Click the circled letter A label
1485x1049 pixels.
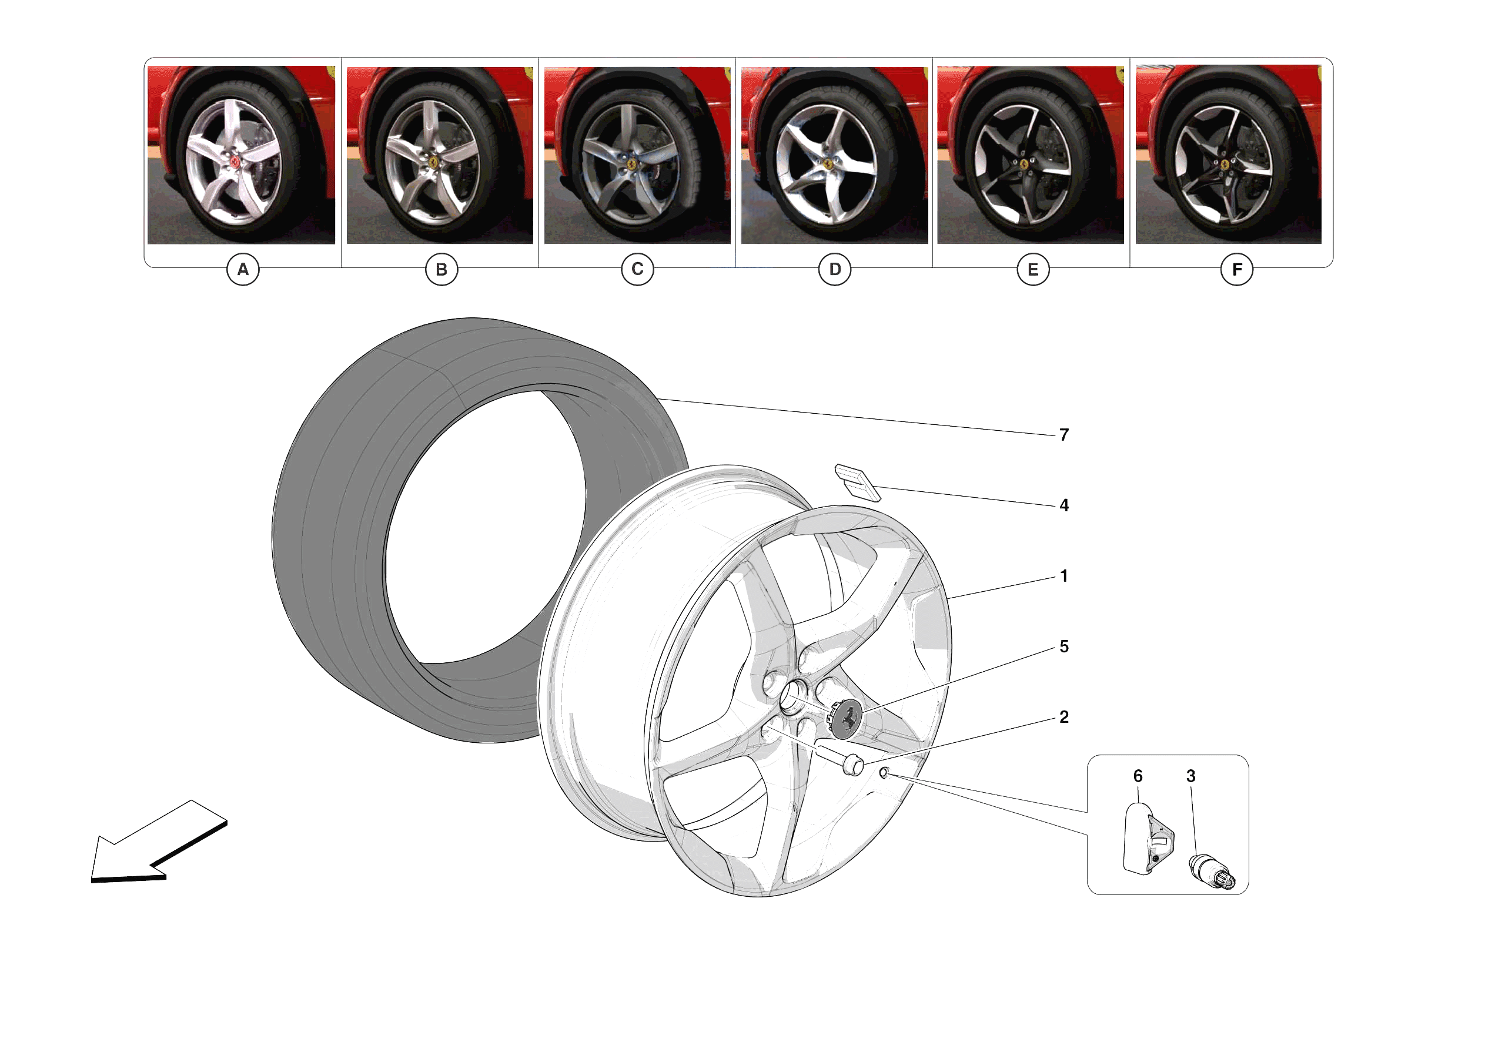243,269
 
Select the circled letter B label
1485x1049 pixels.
441,269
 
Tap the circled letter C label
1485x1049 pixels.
637,269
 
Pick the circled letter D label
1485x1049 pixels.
834,269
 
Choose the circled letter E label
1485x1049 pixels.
1032,269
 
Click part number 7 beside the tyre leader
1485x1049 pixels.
1064,435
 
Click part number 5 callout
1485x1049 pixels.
1064,646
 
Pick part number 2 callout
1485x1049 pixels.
1064,716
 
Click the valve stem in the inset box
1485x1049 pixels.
1211,870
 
